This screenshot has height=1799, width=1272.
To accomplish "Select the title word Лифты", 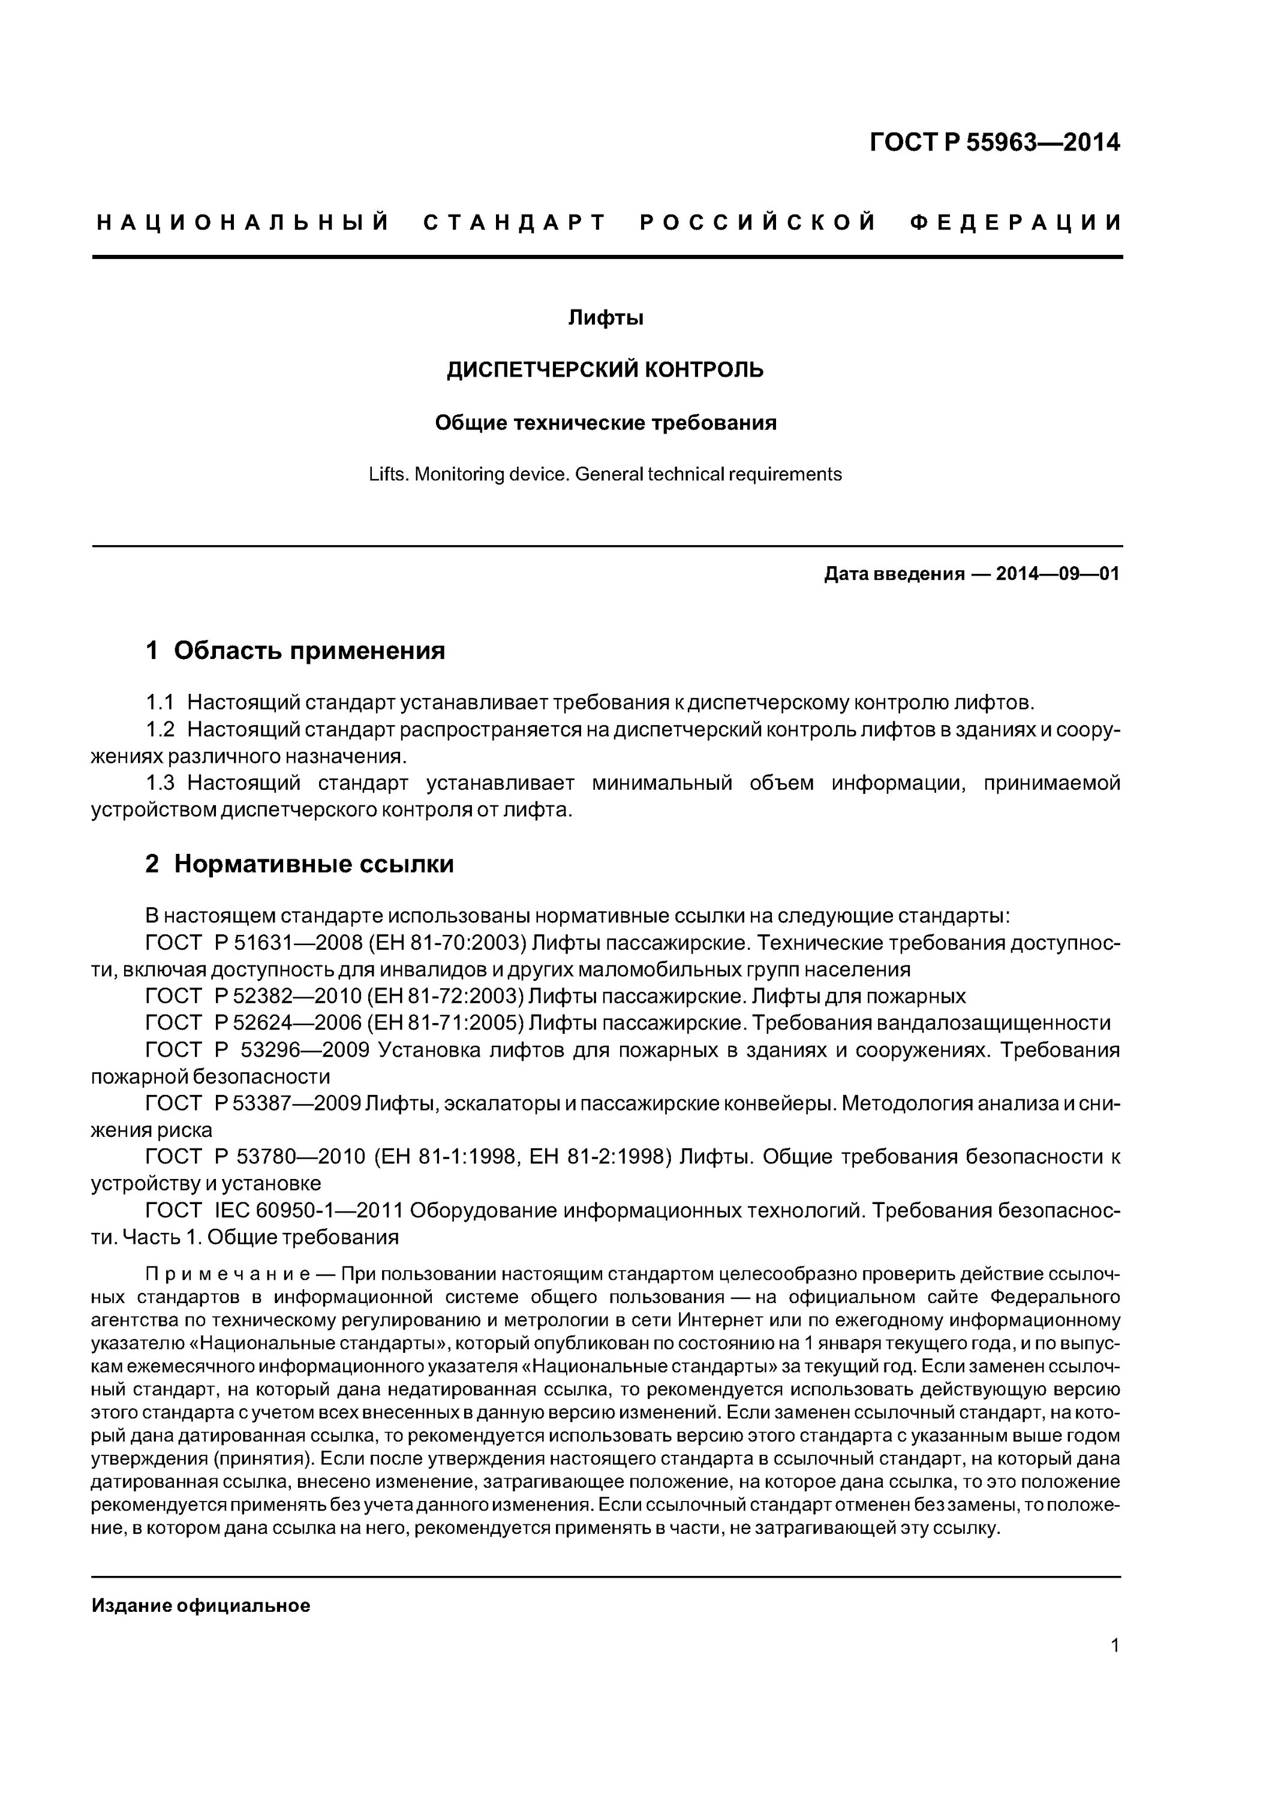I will [605, 318].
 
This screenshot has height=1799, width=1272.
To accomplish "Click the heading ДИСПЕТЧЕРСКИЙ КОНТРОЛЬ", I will [605, 370].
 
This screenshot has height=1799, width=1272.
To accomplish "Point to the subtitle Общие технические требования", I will [605, 423].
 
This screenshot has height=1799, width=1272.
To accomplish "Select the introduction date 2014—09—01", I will [1057, 574].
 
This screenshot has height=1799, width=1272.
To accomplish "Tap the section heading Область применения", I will [309, 650].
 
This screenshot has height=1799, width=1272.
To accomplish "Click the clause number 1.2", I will [160, 729].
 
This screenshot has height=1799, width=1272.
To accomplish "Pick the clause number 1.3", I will [160, 783].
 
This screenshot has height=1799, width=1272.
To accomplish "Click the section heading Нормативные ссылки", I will [314, 864].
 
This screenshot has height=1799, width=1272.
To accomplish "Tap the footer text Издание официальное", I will [201, 1605].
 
